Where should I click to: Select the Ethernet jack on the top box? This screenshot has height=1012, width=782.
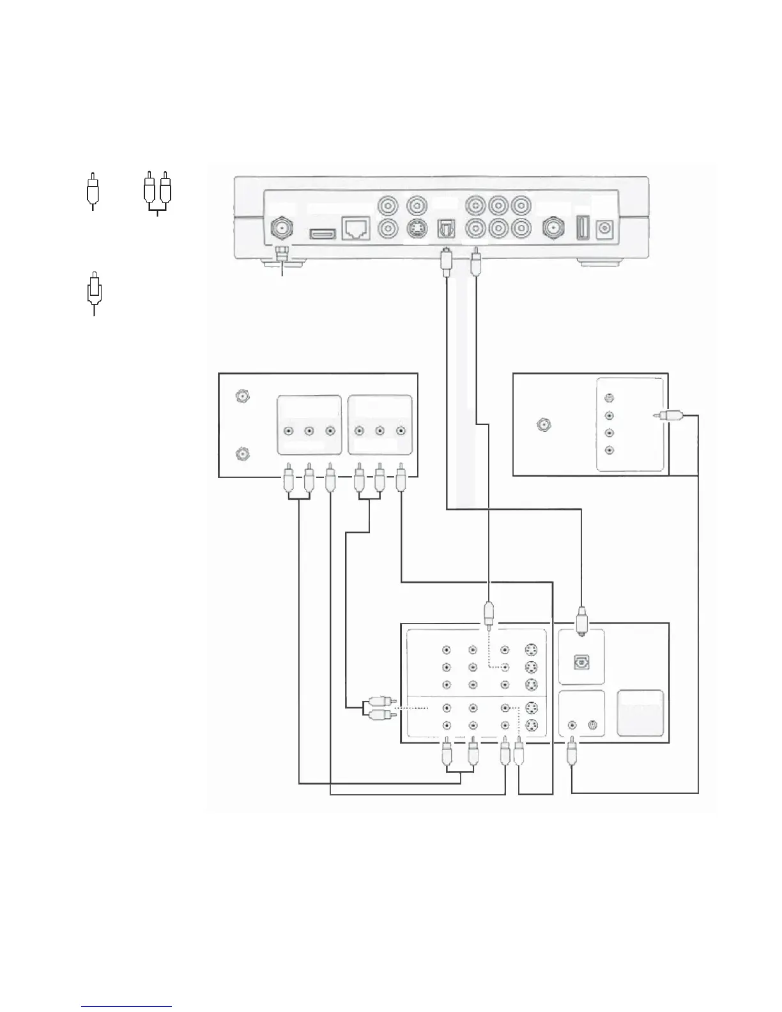pyautogui.click(x=355, y=228)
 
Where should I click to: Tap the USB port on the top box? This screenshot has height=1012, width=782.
pyautogui.click(x=582, y=228)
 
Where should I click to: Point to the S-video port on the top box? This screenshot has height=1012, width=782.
pyautogui.click(x=417, y=227)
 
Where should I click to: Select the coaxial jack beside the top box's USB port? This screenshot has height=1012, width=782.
pyautogui.click(x=553, y=227)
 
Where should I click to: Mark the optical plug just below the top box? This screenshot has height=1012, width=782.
pyautogui.click(x=446, y=263)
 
